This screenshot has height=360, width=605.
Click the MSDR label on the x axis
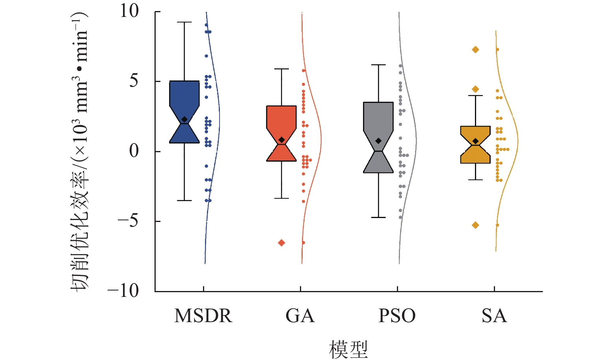click(203, 316)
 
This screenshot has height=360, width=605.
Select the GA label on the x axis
click(300, 316)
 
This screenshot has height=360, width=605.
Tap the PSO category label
click(397, 316)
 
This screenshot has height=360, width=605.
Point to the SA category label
click(494, 316)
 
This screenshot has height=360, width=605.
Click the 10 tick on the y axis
click(130, 11)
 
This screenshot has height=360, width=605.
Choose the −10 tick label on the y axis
click(123, 291)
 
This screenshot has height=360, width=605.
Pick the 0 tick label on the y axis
click(134, 151)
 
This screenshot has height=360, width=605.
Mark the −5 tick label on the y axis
click(128, 221)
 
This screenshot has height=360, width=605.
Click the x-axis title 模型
click(348, 349)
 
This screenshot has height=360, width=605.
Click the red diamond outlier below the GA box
click(281, 243)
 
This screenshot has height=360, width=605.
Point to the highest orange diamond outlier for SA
click(475, 49)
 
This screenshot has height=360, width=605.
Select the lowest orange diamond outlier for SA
click(475, 225)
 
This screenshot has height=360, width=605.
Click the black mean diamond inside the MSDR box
click(184, 119)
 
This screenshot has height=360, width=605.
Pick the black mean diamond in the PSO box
click(378, 141)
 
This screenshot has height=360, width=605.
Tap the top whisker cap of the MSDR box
click(184, 22)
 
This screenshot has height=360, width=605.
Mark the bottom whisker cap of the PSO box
click(378, 217)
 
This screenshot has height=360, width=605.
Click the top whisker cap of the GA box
click(281, 69)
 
